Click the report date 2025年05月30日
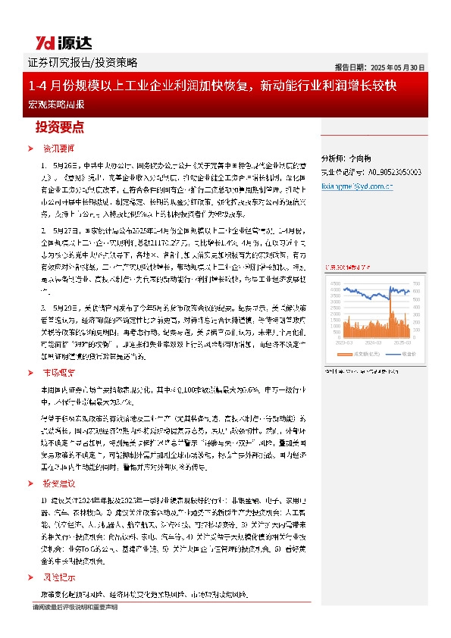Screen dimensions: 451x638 pyautogui.click(x=380, y=67)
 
